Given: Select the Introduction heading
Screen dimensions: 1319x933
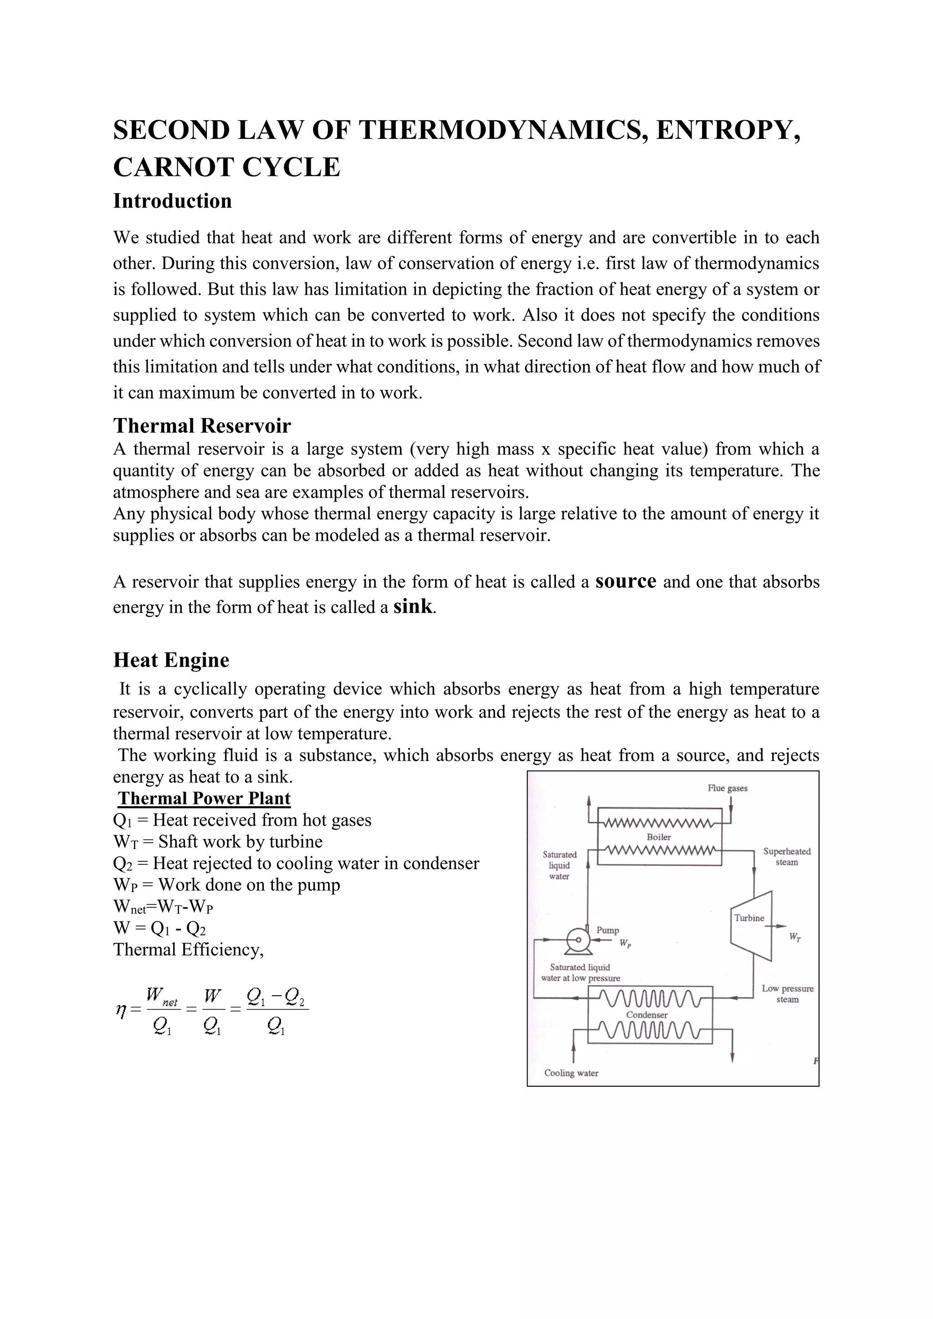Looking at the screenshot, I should click(x=172, y=201).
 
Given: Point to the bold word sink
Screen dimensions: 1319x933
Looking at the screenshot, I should click(x=412, y=607).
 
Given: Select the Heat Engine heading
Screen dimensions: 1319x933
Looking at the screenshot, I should click(x=171, y=659).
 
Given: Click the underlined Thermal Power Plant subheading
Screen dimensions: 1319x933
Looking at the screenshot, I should click(x=205, y=798).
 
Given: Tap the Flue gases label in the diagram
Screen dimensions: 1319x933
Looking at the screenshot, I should click(x=728, y=788).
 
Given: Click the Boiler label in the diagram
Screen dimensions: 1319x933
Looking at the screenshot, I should click(x=658, y=837).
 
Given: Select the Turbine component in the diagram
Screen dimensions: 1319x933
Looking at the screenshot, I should click(x=750, y=917).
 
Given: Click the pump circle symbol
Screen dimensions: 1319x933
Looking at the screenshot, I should click(x=579, y=940).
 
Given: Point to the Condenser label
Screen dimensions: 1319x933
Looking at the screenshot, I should click(x=646, y=1014).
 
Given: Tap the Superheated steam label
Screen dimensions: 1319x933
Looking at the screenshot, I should click(x=786, y=857).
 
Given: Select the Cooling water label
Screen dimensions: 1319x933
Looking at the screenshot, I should click(x=571, y=1073).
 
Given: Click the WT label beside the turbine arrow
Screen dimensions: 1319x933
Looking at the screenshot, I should click(x=795, y=937).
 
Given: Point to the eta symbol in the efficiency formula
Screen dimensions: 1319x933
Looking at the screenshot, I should click(x=120, y=1009).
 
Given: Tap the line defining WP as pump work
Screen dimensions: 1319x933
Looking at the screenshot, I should click(x=226, y=884).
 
